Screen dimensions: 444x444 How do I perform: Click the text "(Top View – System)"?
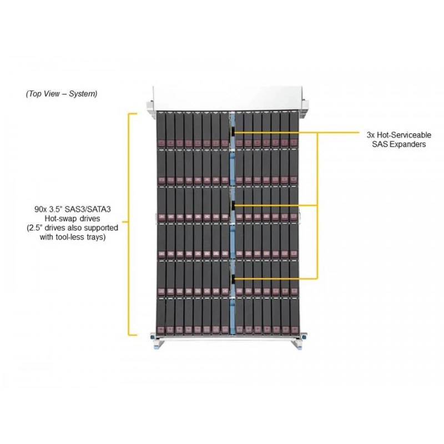[x=62, y=94]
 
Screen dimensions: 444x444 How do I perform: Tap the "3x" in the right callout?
[x=371, y=135]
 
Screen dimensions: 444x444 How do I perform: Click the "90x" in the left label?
[x=41, y=209]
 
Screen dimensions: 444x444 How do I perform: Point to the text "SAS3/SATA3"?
[x=88, y=209]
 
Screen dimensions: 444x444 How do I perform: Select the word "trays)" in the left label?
[x=96, y=238]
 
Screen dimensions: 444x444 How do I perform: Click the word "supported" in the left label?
[x=102, y=228]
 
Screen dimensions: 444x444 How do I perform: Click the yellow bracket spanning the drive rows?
[x=129, y=224]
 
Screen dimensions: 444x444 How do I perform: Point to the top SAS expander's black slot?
[x=233, y=132]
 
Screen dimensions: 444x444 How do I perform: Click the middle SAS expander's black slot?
[x=233, y=205]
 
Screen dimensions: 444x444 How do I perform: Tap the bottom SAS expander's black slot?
[x=233, y=279]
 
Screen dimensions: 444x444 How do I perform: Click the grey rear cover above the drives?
[x=228, y=98]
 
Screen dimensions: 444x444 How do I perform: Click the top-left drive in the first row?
[x=161, y=130]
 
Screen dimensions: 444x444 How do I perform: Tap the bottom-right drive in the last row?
[x=294, y=316]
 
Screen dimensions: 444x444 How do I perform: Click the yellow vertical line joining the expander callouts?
[x=317, y=205]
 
